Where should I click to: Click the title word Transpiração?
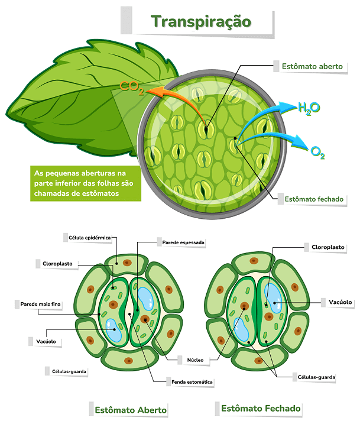coord(201,22)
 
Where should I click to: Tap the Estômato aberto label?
coord(312,66)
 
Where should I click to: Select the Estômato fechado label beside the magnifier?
coord(314,199)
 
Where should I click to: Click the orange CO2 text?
coord(132,88)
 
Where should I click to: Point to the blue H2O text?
coord(309,108)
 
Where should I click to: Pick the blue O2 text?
coord(317,153)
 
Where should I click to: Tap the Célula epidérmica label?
coord(90,238)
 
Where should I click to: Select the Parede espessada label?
coord(183,242)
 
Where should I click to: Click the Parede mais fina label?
coord(41,304)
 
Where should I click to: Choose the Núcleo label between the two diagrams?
coord(195,360)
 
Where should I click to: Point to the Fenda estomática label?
coord(192,382)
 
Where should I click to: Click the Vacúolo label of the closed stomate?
coord(340,302)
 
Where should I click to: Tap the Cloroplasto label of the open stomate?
coord(57,264)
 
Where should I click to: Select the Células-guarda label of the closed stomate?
coord(316,377)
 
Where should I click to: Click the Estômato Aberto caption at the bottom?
coord(131,410)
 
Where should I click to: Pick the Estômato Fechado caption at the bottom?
coord(261,408)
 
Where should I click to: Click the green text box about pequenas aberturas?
coord(86,183)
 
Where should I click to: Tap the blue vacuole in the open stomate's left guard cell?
coord(113,330)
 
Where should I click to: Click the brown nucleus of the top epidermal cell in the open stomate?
coord(127,263)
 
